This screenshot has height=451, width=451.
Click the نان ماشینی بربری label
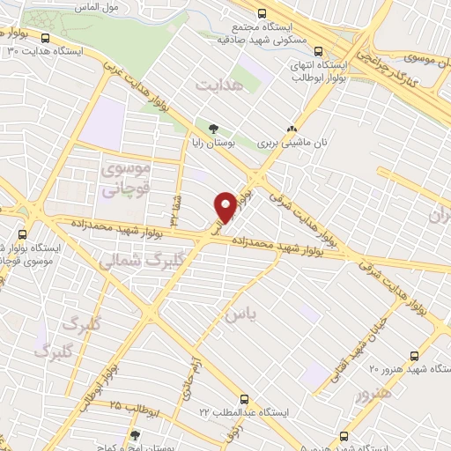pos(286,141)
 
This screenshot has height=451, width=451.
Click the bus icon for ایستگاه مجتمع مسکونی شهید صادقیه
pos(262,13)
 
